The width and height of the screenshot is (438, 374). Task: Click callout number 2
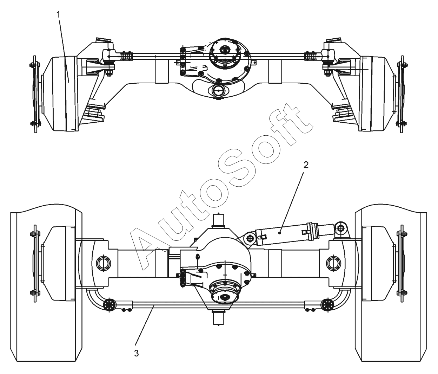point(306,166)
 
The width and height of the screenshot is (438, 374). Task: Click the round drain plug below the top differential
point(218,91)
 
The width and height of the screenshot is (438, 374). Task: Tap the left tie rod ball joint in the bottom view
point(109,304)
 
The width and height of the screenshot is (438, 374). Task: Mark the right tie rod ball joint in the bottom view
point(327,304)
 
